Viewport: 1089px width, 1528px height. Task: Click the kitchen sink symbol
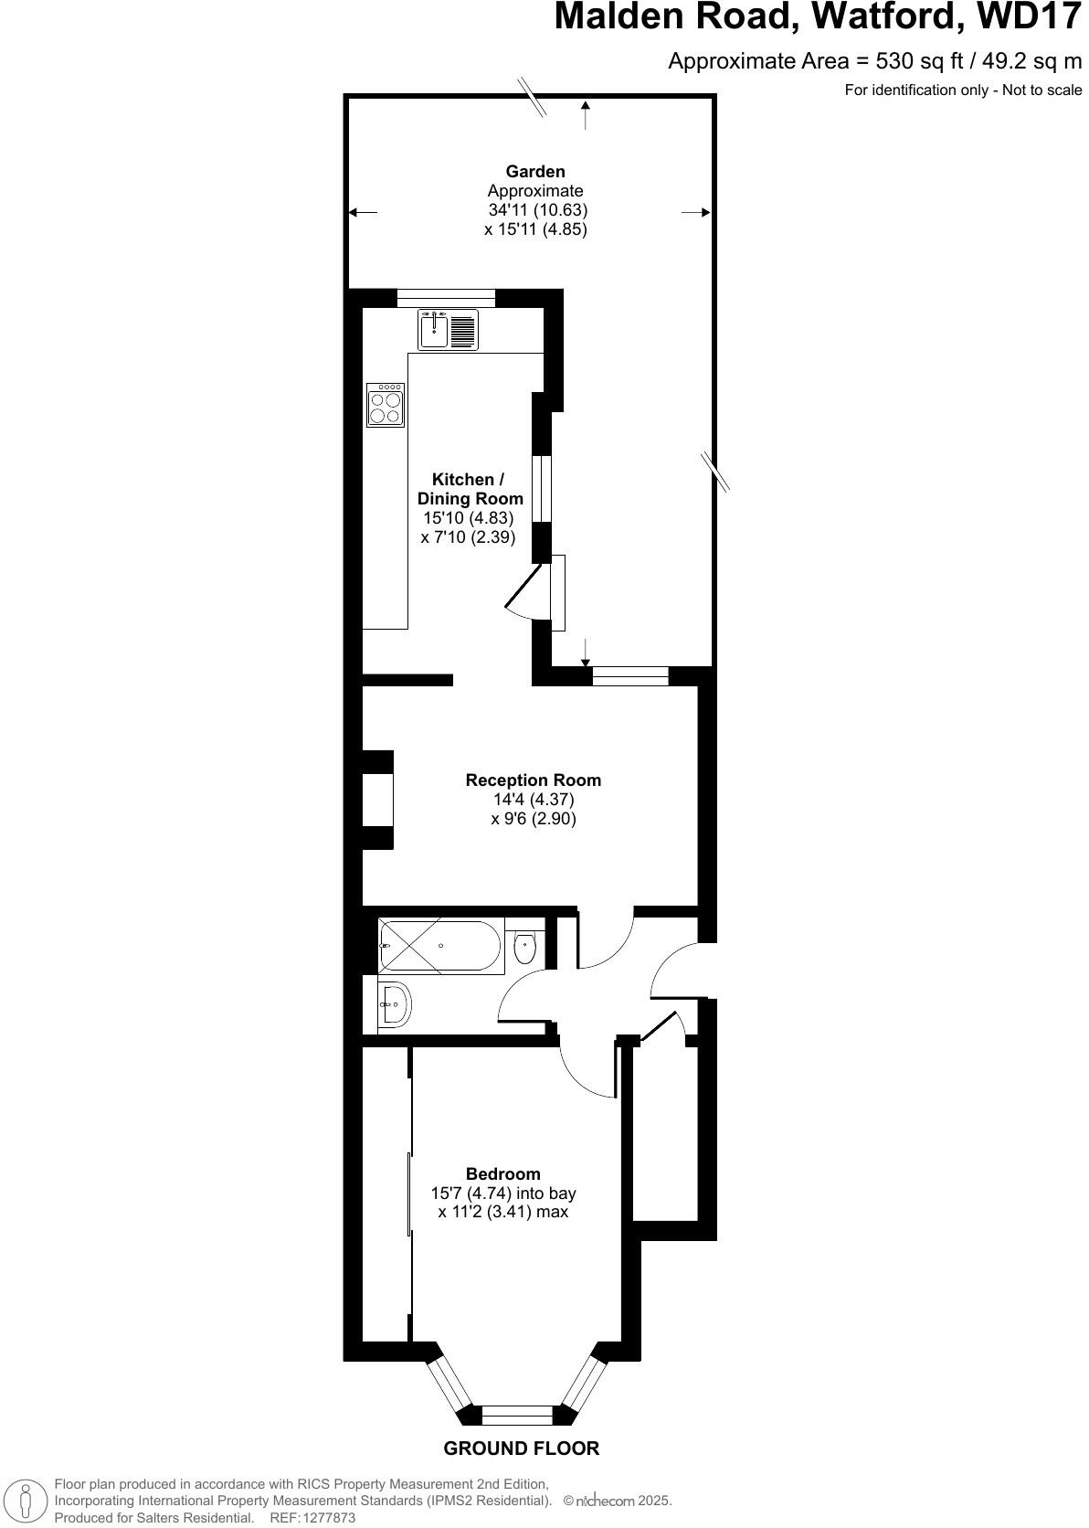click(x=448, y=329)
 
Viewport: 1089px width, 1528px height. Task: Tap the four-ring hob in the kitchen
click(x=386, y=405)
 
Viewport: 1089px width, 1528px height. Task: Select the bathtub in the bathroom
click(x=440, y=946)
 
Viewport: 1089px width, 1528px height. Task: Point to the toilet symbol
click(x=525, y=948)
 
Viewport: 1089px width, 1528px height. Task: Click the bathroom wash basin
click(x=396, y=1006)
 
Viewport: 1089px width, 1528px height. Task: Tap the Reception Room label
click(x=534, y=780)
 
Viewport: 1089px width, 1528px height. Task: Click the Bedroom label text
click(x=503, y=1174)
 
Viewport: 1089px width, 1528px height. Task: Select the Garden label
click(x=535, y=172)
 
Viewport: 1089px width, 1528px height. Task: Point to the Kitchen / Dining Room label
click(x=470, y=489)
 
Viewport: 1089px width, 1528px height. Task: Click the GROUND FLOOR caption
click(x=522, y=1448)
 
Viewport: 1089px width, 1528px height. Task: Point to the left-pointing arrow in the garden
click(x=362, y=213)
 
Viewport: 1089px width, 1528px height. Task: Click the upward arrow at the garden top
click(x=586, y=114)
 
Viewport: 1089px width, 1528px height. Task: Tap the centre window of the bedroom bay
click(x=517, y=1416)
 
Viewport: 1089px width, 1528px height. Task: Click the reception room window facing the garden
click(x=630, y=676)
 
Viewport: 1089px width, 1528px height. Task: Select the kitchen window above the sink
click(x=446, y=297)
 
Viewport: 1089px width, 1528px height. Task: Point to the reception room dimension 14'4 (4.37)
click(x=534, y=800)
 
